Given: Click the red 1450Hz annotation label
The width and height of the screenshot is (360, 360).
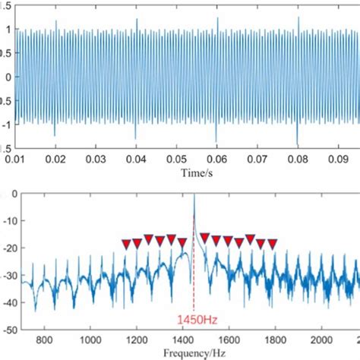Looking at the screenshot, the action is coord(197,320).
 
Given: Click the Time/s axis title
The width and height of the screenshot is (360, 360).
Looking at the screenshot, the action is coord(197,173).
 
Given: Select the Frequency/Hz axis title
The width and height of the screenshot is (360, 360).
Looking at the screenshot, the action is coord(194,353).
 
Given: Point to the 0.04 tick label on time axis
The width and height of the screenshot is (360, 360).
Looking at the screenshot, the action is coord(136,159).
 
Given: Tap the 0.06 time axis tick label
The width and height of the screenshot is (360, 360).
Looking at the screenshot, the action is coord(217,159).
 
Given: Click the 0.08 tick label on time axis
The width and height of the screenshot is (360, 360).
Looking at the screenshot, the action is coord(298,159).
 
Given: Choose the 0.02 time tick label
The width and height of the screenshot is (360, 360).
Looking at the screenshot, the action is coord(55,159).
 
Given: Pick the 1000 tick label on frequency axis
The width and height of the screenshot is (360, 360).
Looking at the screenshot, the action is coord(90,339).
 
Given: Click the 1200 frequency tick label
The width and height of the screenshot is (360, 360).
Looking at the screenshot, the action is coord(137,339).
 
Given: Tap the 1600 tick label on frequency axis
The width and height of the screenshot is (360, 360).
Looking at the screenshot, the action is coord(229,339).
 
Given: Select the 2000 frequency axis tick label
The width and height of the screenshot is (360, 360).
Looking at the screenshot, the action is coord(321,339).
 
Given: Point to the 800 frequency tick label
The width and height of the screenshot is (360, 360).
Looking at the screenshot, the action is coord(44,339).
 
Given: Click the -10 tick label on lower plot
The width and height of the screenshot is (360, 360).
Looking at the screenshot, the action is coord(11,221).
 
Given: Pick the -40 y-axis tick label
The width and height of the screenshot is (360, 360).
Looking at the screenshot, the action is coord(11,302).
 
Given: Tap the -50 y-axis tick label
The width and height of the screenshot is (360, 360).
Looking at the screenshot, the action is coord(11,330).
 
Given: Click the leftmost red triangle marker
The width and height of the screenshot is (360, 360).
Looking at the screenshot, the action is coord(126,245).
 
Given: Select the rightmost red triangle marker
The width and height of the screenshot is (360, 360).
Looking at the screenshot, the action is coord(273,244).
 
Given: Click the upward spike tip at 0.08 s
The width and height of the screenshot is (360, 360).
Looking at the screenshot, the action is coord(298,17).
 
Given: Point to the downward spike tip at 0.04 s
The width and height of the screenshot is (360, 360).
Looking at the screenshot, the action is coord(135,139).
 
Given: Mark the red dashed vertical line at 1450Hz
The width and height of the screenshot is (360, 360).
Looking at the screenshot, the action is coord(194,264).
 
